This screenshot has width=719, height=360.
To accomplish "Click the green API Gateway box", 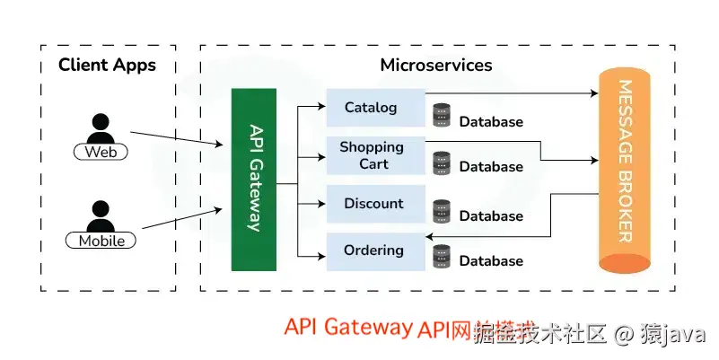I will pyautogui.click(x=253, y=179).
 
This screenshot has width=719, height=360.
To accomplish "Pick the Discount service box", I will pyautogui.click(x=374, y=204).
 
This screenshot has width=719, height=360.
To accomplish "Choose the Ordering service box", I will pyautogui.click(x=374, y=251).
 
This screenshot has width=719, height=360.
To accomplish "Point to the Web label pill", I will pyautogui.click(x=101, y=152).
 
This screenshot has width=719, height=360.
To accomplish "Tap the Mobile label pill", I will pyautogui.click(x=101, y=241).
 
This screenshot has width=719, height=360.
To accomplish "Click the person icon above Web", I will pyautogui.click(x=101, y=127).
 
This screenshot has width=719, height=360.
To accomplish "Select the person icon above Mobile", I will pyautogui.click(x=101, y=215).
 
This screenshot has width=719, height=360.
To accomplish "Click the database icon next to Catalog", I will pyautogui.click(x=441, y=115).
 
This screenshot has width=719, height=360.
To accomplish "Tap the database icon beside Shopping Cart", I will pyautogui.click(x=441, y=162).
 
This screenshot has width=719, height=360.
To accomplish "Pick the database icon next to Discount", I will pyautogui.click(x=441, y=211).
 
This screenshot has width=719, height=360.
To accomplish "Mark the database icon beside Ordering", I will pyautogui.click(x=441, y=257).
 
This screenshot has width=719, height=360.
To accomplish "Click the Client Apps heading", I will pyautogui.click(x=107, y=65).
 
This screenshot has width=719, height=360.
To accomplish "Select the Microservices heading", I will pyautogui.click(x=436, y=65).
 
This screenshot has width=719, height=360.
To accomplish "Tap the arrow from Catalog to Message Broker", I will pyautogui.click(x=512, y=93).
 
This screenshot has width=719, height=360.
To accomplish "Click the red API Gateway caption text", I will pyautogui.click(x=347, y=327).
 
